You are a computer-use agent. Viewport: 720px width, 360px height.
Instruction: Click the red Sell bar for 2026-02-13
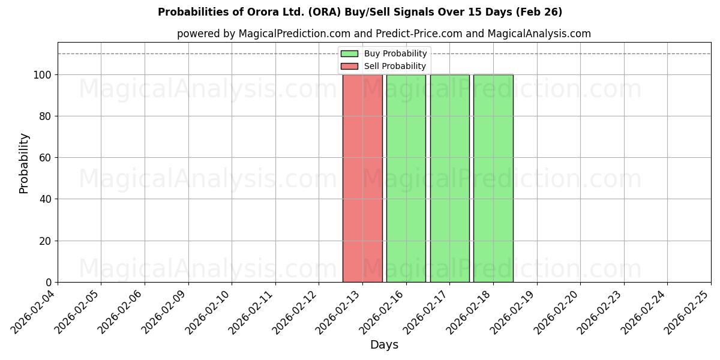(x=362, y=178)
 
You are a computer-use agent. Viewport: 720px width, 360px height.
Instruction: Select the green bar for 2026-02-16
(x=406, y=178)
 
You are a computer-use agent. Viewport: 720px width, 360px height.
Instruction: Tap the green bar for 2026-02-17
(x=450, y=178)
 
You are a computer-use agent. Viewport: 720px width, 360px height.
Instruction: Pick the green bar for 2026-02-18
(x=493, y=178)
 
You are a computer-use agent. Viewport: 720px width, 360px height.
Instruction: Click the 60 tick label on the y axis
(x=48, y=158)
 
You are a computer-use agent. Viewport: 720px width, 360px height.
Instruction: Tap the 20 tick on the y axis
(x=48, y=241)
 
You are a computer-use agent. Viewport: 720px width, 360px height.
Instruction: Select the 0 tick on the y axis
(x=50, y=283)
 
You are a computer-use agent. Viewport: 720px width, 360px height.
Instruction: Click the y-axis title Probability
(x=24, y=163)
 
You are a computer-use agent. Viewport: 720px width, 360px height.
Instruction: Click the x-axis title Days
(x=384, y=345)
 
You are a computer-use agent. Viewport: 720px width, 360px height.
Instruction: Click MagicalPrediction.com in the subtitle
(x=291, y=34)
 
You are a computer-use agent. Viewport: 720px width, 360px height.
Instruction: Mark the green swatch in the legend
(x=349, y=53)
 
